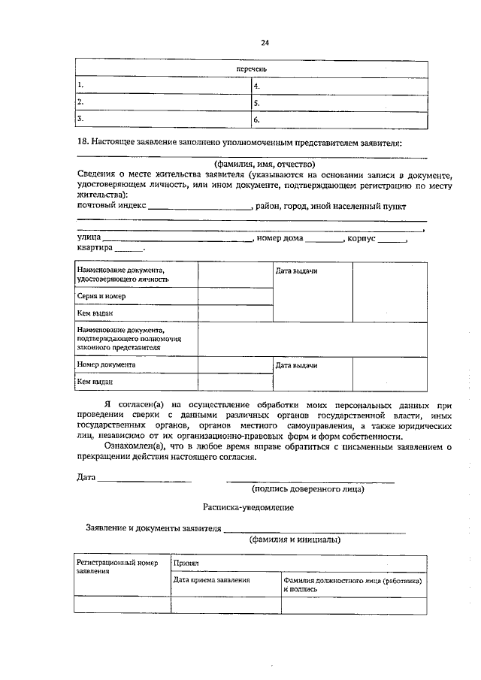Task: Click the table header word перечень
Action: coord(252,70)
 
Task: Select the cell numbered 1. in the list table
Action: coord(163,86)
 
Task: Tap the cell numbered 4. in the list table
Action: coord(339,86)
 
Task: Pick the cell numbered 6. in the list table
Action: coord(339,119)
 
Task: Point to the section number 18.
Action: coord(83,142)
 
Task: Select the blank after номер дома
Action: coord(324,239)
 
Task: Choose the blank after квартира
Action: coord(128,249)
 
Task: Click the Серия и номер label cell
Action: coord(137,296)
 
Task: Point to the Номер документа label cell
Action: coord(137,364)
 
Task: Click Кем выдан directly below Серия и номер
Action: coord(137,313)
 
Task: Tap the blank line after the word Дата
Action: coord(144,478)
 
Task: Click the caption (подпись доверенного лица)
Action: coord(309,489)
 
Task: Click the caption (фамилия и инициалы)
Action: coord(295,539)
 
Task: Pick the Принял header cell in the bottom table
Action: coord(299,563)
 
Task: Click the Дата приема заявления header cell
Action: coord(225,580)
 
